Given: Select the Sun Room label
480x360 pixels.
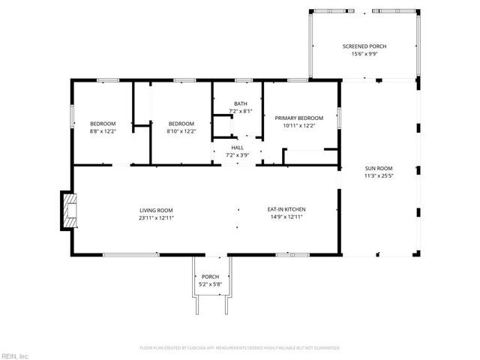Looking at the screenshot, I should (379, 168).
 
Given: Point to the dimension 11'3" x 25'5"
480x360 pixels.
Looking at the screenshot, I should (379, 176).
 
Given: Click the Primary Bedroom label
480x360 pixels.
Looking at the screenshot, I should (298, 118).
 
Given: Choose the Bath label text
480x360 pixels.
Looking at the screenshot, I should (240, 103).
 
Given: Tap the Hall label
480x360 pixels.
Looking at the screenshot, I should (237, 148).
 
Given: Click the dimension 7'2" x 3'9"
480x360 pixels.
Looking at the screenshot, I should (237, 155).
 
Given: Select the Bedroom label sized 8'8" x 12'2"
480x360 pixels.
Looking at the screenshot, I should (103, 123).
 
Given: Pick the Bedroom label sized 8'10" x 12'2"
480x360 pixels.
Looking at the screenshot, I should (181, 123).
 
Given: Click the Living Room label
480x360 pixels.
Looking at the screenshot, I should (156, 210).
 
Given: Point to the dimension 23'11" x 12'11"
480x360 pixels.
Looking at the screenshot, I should (156, 217).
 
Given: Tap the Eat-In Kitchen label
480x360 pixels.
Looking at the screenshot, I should (286, 210).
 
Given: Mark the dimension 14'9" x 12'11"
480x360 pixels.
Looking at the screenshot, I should (286, 217).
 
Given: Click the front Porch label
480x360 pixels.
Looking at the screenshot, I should (210, 277).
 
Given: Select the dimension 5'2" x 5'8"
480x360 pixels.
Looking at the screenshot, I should (210, 284).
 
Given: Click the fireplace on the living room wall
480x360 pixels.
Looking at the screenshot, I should (69, 210).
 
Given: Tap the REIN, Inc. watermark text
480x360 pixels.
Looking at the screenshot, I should (15, 355).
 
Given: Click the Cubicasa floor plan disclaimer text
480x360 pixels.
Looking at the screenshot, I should (240, 348).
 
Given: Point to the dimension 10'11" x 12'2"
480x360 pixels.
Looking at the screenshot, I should (298, 125).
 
